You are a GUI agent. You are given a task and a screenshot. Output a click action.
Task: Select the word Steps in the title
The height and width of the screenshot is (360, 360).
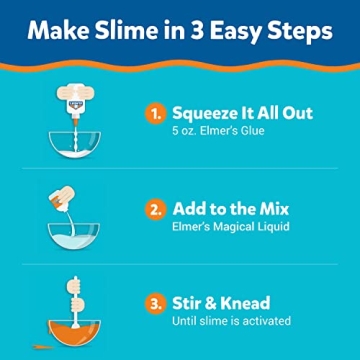[x=296, y=32]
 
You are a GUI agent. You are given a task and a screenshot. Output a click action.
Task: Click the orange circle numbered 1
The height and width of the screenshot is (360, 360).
[x=155, y=114]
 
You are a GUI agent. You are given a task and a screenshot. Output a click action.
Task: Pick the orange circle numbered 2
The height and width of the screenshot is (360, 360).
[x=155, y=210]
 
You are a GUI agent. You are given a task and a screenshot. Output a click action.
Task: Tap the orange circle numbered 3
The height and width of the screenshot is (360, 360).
[x=155, y=303]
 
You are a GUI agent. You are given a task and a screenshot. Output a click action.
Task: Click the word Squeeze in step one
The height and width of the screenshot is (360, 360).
[x=205, y=114]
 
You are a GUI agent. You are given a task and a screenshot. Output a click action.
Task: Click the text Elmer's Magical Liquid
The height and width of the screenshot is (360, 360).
[x=230, y=228]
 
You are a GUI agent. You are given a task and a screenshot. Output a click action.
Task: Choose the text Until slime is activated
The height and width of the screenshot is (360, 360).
[x=231, y=321]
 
